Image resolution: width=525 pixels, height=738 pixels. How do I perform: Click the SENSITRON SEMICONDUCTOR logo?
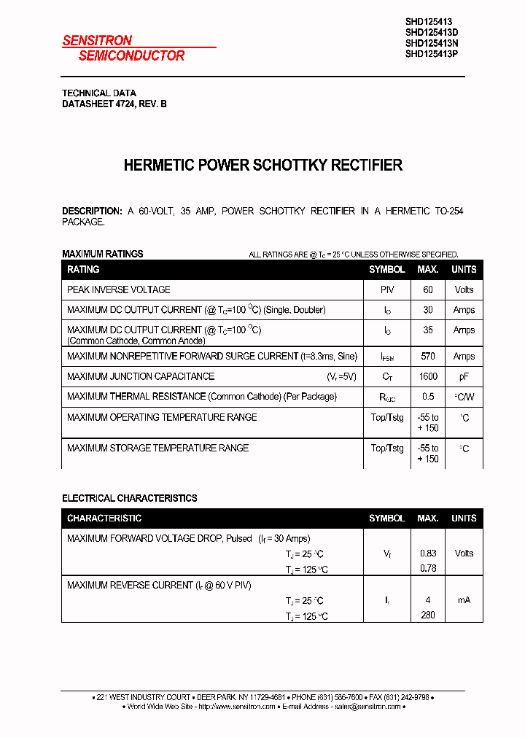point(124,48)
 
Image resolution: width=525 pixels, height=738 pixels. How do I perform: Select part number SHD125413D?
point(432,32)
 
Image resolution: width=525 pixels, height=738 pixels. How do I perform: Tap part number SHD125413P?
point(432,53)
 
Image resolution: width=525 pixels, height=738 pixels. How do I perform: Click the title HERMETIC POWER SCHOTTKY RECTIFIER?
point(262,166)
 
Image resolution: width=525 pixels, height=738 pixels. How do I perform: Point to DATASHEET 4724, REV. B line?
point(114,104)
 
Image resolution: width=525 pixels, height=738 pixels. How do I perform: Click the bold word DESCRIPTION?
point(92,211)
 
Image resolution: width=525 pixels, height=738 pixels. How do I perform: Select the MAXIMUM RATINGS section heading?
point(103,254)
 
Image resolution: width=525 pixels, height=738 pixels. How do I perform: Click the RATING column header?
point(83,270)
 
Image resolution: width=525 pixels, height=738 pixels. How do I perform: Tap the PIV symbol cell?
point(387,290)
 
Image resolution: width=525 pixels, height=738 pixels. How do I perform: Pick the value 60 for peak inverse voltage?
point(428,290)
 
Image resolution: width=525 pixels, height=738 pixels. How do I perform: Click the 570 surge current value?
point(428,357)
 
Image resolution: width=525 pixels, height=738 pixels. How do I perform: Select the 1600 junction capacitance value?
point(428,377)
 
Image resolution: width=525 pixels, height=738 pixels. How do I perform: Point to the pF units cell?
point(464,377)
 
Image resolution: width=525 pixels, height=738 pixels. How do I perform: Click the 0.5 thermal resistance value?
point(428,397)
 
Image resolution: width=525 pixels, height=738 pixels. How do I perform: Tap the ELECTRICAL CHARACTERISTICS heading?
point(130,498)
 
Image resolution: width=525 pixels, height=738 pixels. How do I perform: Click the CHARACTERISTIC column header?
point(104,518)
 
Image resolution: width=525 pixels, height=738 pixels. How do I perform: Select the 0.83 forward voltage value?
point(428,553)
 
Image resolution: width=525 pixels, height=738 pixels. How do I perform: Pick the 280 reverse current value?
point(428,615)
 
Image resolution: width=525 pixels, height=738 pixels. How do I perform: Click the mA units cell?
point(464,600)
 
